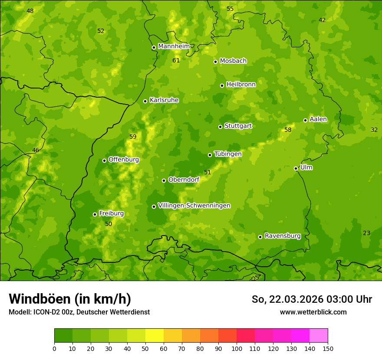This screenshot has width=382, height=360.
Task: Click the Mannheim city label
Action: [x=174, y=46]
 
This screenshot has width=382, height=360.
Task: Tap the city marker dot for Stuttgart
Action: [x=220, y=127]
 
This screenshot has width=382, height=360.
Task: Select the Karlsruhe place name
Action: [x=164, y=100]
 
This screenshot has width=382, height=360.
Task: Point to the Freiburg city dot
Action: [x=95, y=214]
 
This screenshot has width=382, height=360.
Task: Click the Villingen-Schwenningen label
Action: [x=194, y=205]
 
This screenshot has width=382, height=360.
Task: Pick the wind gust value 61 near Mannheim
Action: [x=176, y=60]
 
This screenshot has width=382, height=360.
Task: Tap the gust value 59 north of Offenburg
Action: [x=133, y=137]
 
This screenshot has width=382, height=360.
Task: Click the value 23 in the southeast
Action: [x=366, y=233]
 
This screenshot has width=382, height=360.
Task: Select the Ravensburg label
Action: [x=282, y=236]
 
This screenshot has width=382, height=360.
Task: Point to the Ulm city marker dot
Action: [x=296, y=168]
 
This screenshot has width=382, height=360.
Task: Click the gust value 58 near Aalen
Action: [x=288, y=130]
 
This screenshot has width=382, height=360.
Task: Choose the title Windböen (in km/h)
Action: [x=70, y=299]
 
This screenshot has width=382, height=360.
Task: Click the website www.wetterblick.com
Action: [x=313, y=312]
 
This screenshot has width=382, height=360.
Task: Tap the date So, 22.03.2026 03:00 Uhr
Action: [x=312, y=299]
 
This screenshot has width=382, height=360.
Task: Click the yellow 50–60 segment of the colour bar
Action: [x=155, y=336]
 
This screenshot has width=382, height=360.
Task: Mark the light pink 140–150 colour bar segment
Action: [x=319, y=336]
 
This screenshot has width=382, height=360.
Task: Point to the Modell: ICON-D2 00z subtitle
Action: [x=79, y=312]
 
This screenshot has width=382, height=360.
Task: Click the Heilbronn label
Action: [x=241, y=84]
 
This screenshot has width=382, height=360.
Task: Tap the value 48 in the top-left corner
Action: [x=30, y=11]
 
